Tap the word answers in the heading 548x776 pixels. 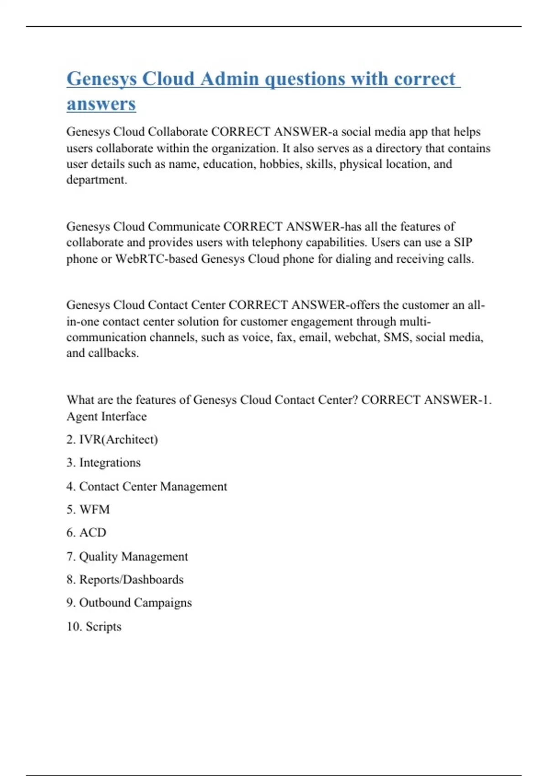click(x=101, y=104)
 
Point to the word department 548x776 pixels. click(x=96, y=180)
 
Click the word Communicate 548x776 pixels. click(x=184, y=227)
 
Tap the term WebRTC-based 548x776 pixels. click(x=156, y=259)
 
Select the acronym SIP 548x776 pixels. click(x=463, y=242)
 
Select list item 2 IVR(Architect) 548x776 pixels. click(x=112, y=440)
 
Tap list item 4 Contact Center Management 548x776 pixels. click(x=147, y=487)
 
